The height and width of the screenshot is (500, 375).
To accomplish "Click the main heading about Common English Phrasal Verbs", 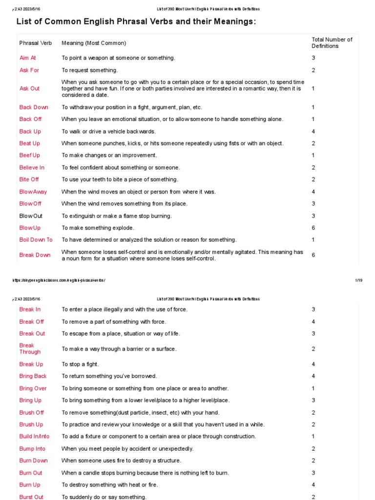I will click(x=136, y=21).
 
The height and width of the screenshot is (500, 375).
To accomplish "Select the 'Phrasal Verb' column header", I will click(x=35, y=43).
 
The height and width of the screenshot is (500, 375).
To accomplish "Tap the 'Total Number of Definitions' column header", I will click(x=332, y=43).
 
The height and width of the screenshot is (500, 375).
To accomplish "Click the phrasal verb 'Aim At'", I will click(x=27, y=58).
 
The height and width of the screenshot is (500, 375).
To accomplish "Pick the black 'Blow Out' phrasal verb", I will click(x=31, y=216).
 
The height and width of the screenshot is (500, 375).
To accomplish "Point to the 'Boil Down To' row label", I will click(x=36, y=240).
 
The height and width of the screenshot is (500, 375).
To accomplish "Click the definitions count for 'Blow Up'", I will click(x=313, y=228).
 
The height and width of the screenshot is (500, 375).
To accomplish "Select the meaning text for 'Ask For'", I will click(x=89, y=70).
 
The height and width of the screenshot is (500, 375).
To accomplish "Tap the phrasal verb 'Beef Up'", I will click(x=30, y=155).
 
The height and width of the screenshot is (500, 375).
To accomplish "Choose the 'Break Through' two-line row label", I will click(x=30, y=349).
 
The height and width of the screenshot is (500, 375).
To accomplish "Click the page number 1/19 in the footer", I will click(x=358, y=280).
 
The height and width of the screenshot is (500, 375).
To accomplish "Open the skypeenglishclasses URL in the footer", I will click(x=58, y=280).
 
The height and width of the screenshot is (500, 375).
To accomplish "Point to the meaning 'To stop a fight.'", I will click(x=80, y=364).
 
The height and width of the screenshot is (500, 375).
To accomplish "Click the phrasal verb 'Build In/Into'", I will click(x=34, y=437).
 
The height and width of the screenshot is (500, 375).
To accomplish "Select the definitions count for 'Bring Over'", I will click(x=313, y=389).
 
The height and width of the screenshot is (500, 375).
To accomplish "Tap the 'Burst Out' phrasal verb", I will click(x=31, y=497).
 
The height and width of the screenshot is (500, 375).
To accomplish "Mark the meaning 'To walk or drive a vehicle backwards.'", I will click(x=108, y=131).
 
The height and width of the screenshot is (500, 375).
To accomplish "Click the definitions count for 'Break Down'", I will click(x=313, y=255).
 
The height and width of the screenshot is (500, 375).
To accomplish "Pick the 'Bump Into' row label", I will click(x=32, y=449).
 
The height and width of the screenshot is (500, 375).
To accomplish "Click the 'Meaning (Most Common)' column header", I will click(x=93, y=43).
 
